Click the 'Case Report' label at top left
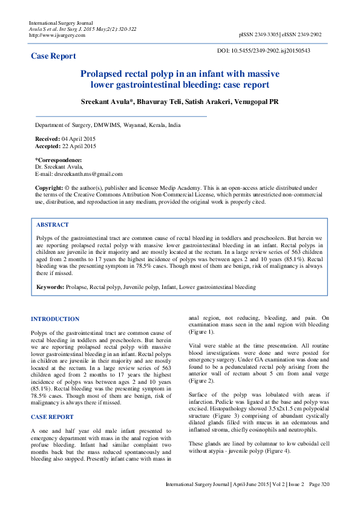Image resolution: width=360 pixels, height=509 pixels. tap(54, 56)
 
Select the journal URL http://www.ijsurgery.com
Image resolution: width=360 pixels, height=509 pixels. tap(57, 35)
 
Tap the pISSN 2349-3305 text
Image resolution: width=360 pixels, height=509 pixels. tap(259, 35)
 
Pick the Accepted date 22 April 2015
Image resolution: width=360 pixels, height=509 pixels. tap(78, 146)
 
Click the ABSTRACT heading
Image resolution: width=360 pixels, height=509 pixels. tap(53, 225)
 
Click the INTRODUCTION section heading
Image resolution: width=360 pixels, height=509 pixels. tap(55, 319)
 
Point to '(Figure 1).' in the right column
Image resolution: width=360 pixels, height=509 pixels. tap(201, 332)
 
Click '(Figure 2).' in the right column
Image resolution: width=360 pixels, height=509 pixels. tap(201, 381)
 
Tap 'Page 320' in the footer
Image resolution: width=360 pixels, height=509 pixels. tap(318, 485)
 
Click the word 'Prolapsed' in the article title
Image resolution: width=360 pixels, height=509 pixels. tap(106, 73)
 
